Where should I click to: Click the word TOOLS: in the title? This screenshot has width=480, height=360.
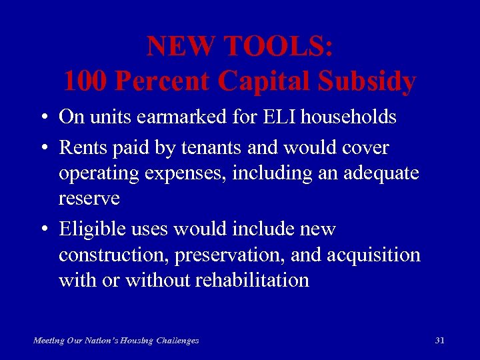[279, 46]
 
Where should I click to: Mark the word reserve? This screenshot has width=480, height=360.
[89, 199]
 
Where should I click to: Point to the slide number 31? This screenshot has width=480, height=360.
[439, 340]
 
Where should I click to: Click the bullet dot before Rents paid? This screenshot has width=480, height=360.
[42, 148]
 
